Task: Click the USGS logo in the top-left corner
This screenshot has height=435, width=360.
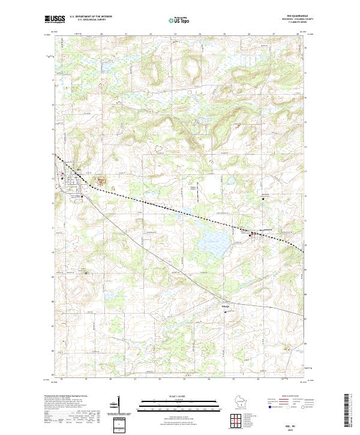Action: pos(55,19)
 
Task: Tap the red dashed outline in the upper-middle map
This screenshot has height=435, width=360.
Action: pos(159,146)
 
